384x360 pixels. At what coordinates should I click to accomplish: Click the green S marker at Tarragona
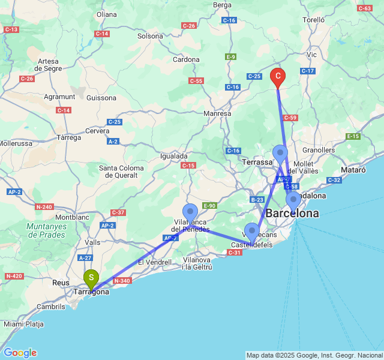click(x=91, y=278)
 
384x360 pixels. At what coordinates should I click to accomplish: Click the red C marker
click(x=278, y=76)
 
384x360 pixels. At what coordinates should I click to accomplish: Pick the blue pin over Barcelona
click(x=293, y=200)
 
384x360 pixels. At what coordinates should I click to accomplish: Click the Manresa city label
click(x=217, y=113)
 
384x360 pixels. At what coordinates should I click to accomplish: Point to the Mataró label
click(x=353, y=170)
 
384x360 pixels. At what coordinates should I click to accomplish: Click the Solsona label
click(x=150, y=36)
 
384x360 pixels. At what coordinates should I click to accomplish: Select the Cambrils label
click(x=50, y=307)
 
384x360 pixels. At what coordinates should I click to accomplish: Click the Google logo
click(x=20, y=353)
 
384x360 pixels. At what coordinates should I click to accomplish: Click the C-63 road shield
click(x=364, y=8)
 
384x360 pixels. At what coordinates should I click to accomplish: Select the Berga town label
click(x=222, y=5)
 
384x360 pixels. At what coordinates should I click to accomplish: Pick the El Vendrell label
click(x=155, y=262)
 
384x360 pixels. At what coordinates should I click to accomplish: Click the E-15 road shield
click(x=353, y=137)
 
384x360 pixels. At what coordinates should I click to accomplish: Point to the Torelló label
click(x=314, y=20)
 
